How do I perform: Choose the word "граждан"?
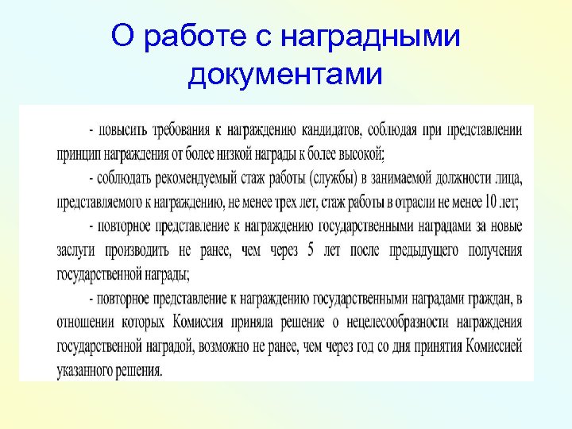tap(491, 300)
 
